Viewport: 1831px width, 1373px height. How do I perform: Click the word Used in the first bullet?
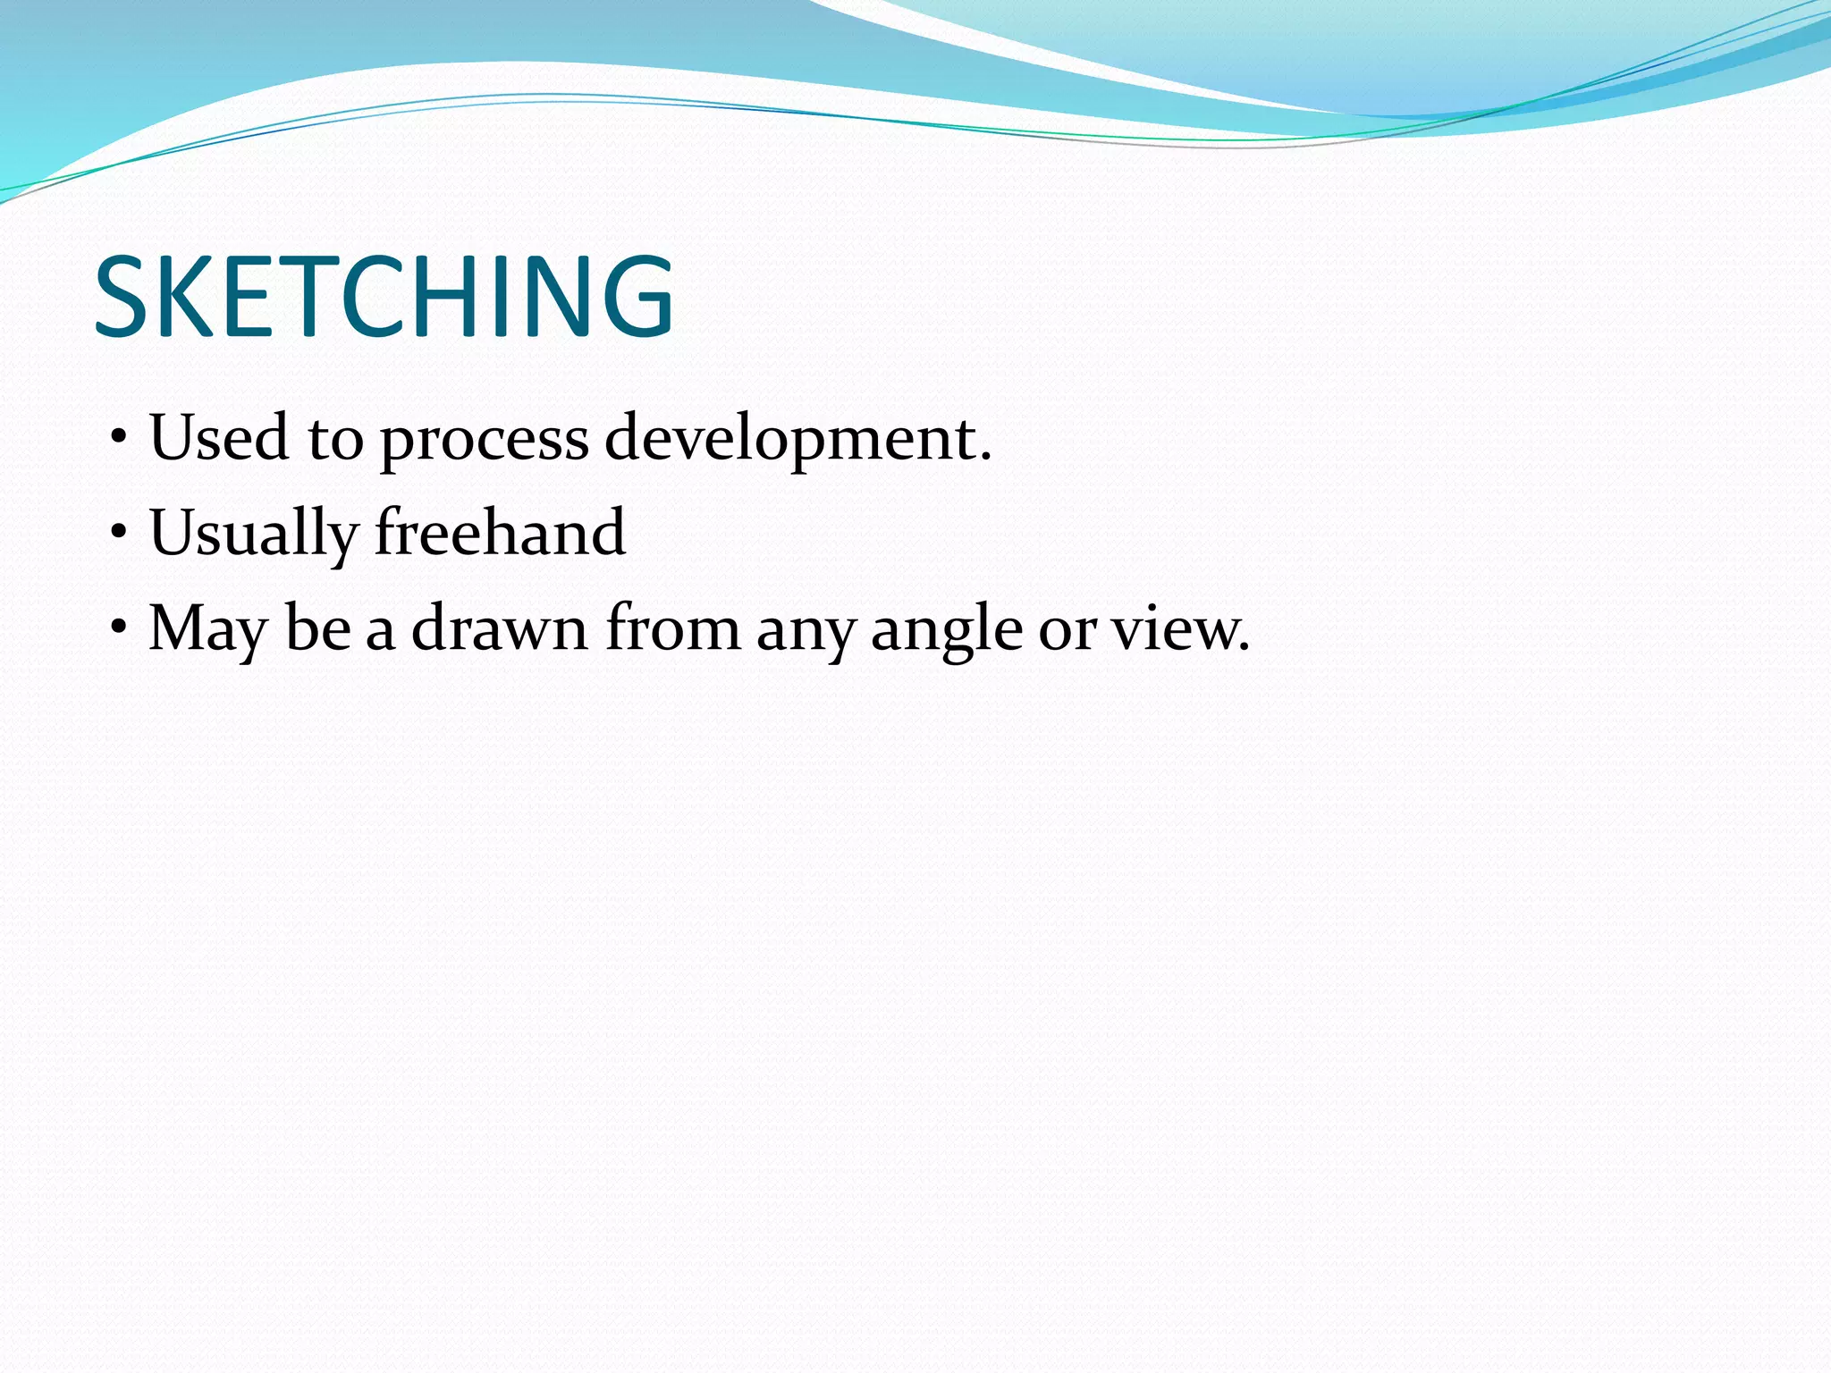pos(219,438)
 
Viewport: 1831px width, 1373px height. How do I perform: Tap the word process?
pos(484,441)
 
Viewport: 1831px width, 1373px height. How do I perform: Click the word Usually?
pos(253,534)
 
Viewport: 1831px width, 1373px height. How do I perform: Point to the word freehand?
pos(500,532)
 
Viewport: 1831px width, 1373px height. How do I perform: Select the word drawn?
pos(499,628)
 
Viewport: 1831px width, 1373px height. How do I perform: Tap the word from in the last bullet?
pos(672,628)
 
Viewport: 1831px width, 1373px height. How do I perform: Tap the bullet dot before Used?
pos(119,440)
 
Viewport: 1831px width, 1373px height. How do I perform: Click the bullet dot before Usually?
pos(119,535)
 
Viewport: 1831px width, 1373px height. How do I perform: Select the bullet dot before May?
pos(119,629)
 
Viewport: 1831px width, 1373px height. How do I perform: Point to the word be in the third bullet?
pos(316,628)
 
